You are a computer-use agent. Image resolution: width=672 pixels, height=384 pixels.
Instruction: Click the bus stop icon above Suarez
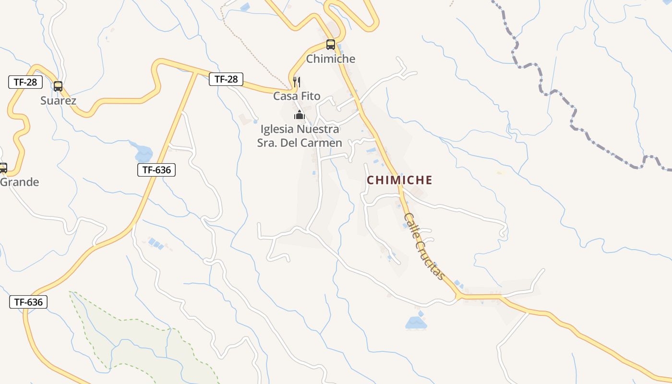click(58, 86)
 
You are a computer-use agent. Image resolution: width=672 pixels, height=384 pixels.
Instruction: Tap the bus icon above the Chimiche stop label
click(331, 45)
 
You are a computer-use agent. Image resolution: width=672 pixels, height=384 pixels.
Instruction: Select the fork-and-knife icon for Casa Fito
click(297, 82)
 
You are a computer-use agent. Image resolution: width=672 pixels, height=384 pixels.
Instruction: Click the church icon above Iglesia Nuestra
click(300, 115)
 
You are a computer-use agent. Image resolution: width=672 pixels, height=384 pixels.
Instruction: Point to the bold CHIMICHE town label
click(399, 180)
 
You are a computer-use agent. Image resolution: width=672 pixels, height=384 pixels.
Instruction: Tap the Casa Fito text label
click(297, 96)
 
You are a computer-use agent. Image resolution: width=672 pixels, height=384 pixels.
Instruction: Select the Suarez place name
click(58, 101)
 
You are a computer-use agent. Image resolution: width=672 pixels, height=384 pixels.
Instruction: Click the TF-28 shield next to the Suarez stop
click(25, 82)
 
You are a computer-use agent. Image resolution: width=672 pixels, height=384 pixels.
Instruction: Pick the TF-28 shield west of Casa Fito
click(226, 79)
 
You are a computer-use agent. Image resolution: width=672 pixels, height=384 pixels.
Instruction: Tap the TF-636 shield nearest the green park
click(28, 302)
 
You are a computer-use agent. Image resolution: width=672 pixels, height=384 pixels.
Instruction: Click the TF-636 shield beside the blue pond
click(156, 169)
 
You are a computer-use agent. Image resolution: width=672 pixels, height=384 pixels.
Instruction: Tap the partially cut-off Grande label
click(19, 182)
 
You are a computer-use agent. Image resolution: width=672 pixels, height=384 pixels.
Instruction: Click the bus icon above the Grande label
click(3, 168)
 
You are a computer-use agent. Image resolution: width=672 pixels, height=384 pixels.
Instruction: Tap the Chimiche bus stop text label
click(331, 59)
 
